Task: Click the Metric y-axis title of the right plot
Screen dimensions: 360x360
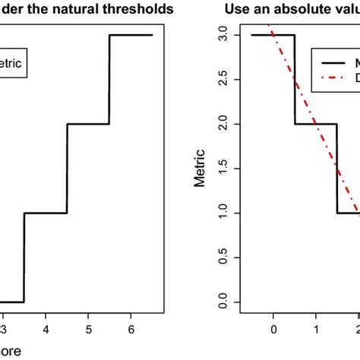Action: [200, 169]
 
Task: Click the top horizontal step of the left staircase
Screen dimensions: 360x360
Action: [131, 35]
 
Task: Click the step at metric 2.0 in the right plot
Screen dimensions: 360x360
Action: [316, 124]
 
